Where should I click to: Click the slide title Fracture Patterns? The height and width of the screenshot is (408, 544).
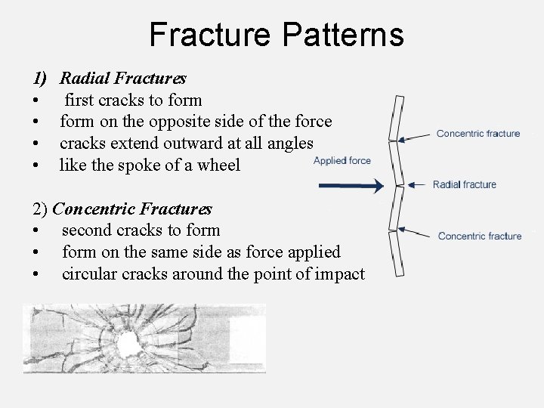pos(277,35)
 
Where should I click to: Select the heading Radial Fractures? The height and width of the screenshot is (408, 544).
pos(124,78)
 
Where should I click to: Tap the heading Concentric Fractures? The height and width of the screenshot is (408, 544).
pos(134,208)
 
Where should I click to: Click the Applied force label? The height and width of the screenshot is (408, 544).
pos(342,160)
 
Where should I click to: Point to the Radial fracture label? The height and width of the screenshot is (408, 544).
pos(465,184)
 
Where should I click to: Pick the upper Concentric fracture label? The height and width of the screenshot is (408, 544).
pos(478,134)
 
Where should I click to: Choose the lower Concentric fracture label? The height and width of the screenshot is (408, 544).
pos(480,236)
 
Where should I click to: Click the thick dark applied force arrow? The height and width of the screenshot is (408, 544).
pos(351,185)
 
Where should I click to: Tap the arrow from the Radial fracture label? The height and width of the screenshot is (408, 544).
pos(418,184)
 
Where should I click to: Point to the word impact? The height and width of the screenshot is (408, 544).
pos(338,274)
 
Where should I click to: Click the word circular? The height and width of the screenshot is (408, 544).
pos(89,274)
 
